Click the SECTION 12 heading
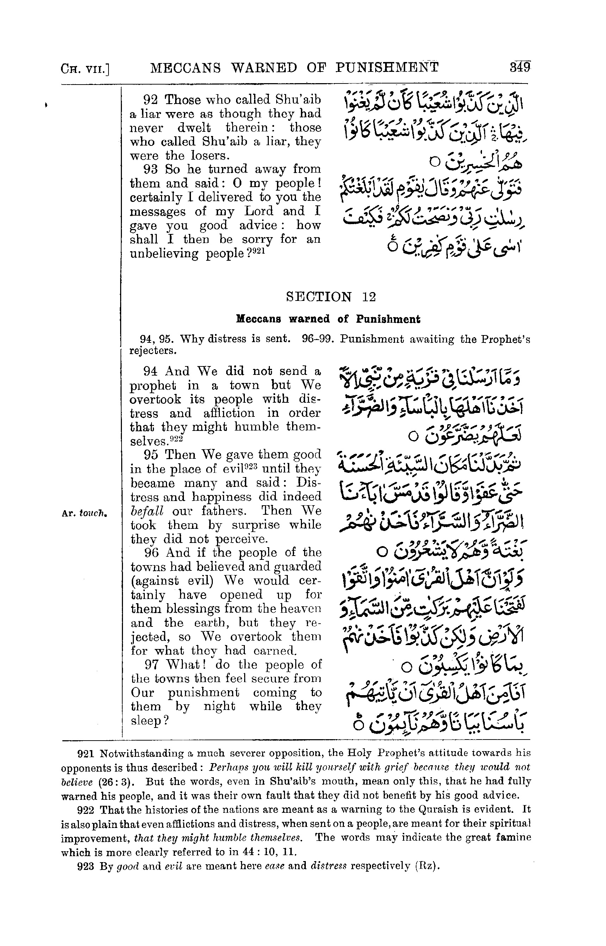coord(330,296)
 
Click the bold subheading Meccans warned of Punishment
coord(328,319)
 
